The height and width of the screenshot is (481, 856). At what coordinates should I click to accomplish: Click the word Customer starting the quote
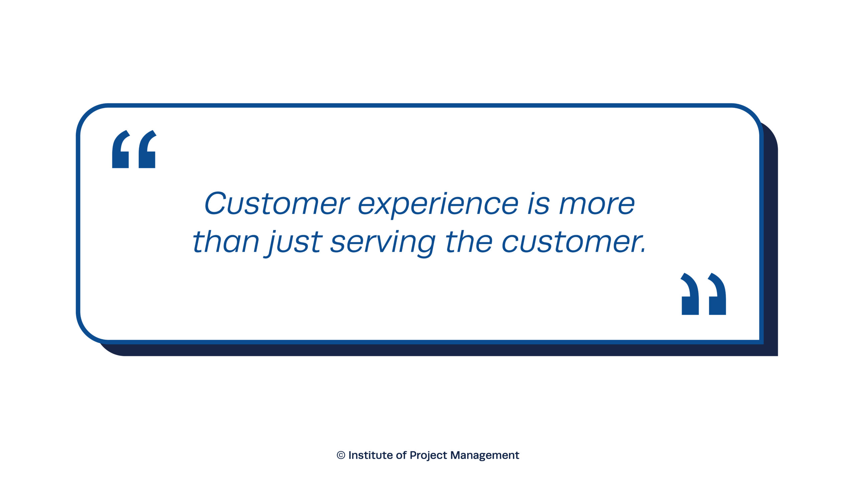[x=277, y=203]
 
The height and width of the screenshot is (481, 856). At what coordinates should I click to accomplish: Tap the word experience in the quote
[x=438, y=205]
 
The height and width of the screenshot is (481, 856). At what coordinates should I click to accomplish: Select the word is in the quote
[x=538, y=203]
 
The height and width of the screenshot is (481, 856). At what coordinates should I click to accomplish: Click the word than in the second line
[x=226, y=241]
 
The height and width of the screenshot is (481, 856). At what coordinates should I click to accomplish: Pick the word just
[x=295, y=243]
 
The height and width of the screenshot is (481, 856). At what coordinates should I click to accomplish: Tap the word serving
[x=383, y=243]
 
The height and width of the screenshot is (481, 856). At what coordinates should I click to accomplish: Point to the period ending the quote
[x=643, y=250]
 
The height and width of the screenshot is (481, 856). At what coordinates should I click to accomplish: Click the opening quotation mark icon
[x=134, y=149]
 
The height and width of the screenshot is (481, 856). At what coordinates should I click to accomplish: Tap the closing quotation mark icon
[x=704, y=294]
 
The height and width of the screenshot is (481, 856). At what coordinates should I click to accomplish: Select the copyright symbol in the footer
[x=341, y=455]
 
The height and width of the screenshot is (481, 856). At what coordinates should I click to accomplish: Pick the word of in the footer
[x=401, y=455]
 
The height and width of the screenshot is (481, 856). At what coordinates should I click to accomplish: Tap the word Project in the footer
[x=428, y=456]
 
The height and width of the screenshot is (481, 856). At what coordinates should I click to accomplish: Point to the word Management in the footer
[x=485, y=456]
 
